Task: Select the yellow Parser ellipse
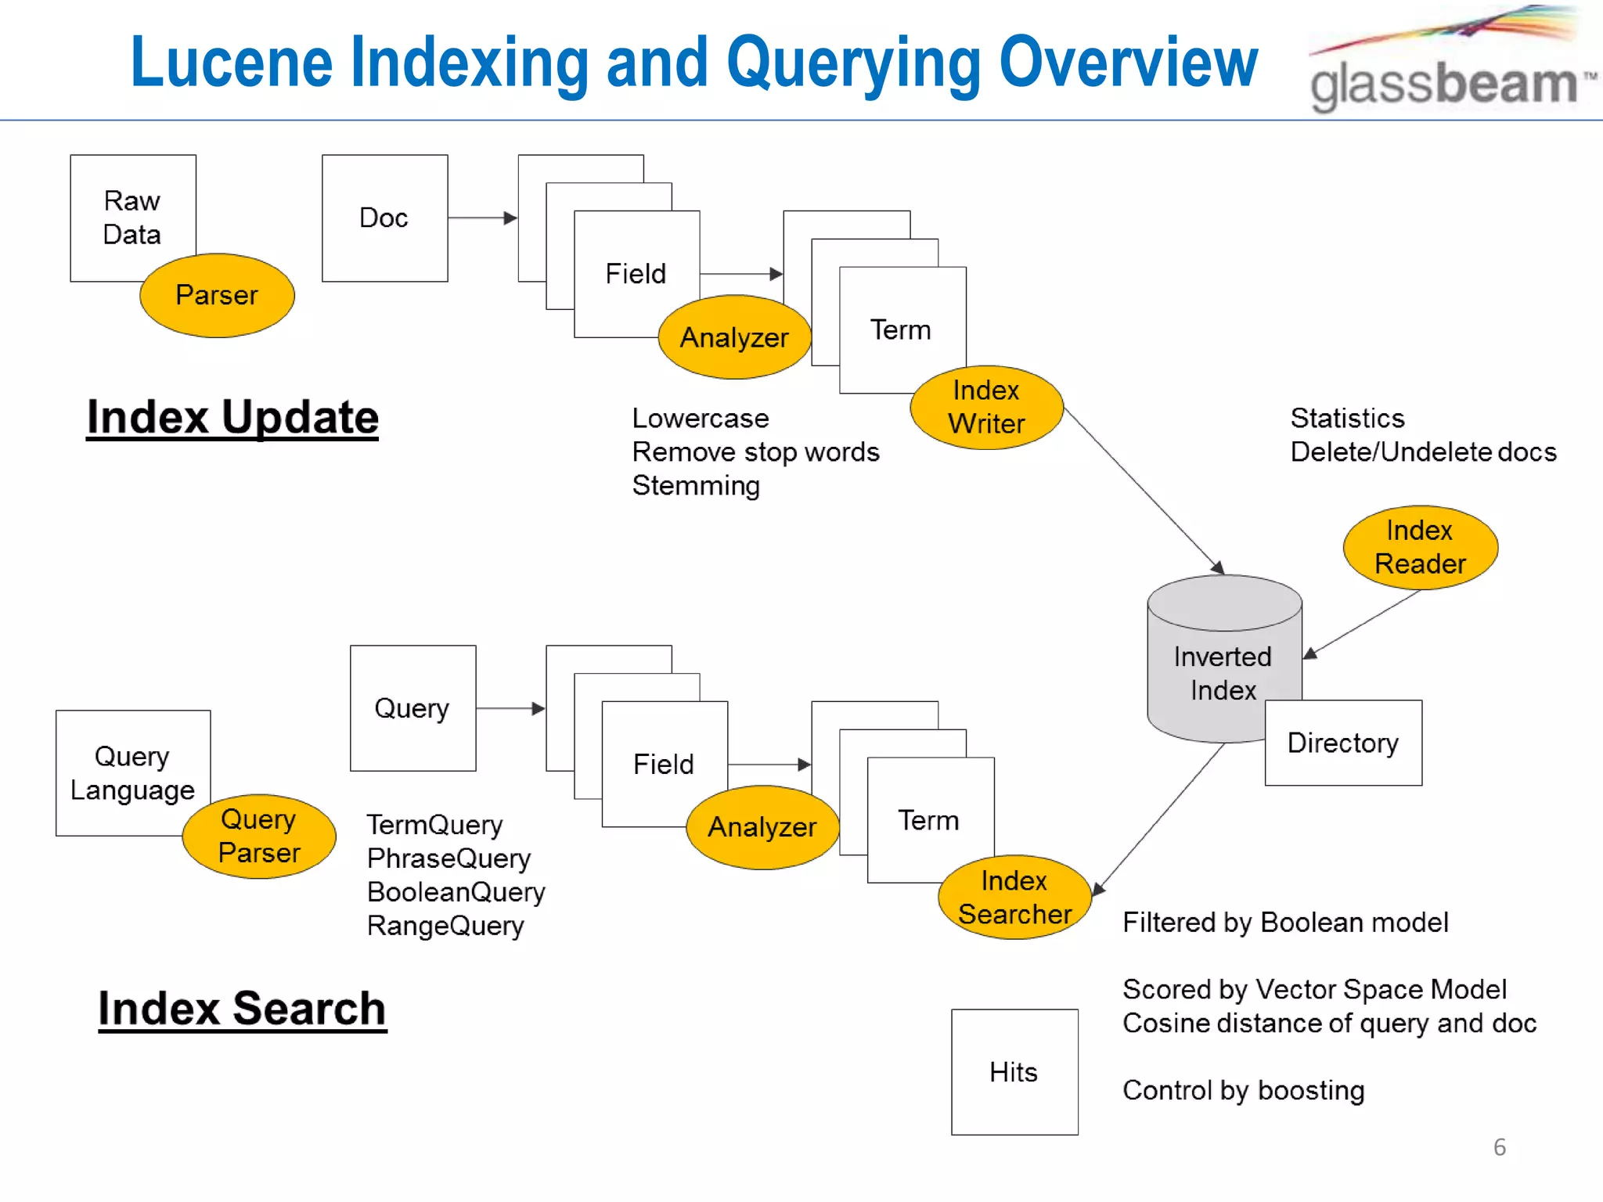(x=217, y=295)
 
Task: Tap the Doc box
(x=384, y=218)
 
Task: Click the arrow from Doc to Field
(x=482, y=218)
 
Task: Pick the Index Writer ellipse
(x=986, y=407)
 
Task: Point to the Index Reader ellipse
(x=1420, y=547)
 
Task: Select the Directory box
(x=1343, y=743)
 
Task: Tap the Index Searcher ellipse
(x=1014, y=897)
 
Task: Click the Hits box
(x=1014, y=1071)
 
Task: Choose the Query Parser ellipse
(x=259, y=836)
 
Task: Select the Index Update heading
(x=232, y=417)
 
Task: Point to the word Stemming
(x=696, y=486)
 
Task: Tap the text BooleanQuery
(x=456, y=892)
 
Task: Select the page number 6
(x=1499, y=1147)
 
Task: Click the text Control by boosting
(x=1243, y=1090)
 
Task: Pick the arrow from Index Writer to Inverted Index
(x=1143, y=490)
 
